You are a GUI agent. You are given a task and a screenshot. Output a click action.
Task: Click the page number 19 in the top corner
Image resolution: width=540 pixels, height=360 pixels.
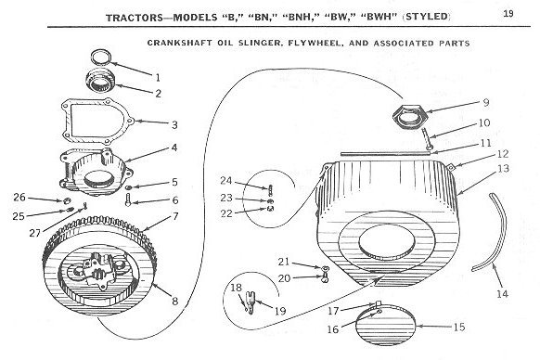coord(508,13)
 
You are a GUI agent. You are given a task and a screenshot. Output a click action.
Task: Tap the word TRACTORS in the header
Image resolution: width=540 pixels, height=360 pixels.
coord(135,18)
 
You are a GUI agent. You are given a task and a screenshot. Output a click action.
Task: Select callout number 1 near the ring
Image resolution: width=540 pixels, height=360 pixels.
coord(158,78)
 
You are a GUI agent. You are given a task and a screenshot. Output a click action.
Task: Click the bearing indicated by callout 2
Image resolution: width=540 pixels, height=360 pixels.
coord(101,82)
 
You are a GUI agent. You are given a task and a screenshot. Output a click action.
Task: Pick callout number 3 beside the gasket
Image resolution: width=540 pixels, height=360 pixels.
coord(174,124)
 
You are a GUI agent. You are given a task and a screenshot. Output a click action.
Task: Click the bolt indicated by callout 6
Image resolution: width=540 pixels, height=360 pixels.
coord(128,199)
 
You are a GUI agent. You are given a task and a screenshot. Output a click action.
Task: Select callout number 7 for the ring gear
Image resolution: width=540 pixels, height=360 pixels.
coord(175,216)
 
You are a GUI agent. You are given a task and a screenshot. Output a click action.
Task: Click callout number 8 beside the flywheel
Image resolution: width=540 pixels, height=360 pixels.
coord(175,302)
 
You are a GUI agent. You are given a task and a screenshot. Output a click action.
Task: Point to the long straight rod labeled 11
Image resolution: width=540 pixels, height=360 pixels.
coord(386,153)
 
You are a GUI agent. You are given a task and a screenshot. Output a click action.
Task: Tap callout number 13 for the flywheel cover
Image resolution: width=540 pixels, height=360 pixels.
coord(503,169)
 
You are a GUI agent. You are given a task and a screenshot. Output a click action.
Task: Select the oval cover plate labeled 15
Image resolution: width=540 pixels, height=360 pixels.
coord(386,324)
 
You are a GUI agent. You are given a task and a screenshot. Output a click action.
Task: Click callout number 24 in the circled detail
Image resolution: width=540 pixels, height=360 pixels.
coord(226,181)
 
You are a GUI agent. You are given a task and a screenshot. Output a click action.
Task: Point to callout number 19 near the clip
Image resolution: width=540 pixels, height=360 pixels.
coord(280,311)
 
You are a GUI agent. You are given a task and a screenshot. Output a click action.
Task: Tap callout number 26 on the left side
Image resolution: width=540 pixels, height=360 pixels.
coord(19,198)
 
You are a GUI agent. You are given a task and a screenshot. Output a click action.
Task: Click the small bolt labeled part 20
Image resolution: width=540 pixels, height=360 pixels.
coord(325,277)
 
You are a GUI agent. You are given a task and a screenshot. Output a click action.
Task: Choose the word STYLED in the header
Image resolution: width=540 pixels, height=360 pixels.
coord(427,17)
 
